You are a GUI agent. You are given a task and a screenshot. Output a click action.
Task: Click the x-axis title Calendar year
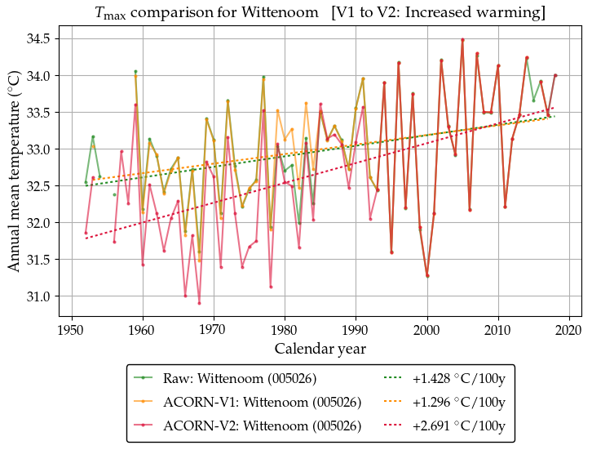(320, 349)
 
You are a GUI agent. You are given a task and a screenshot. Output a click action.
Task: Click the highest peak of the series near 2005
(462, 40)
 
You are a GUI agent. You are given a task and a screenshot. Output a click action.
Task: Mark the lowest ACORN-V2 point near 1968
(199, 303)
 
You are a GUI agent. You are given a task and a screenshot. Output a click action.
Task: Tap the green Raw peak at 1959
(135, 72)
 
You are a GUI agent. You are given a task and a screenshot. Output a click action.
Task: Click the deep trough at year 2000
(427, 276)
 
